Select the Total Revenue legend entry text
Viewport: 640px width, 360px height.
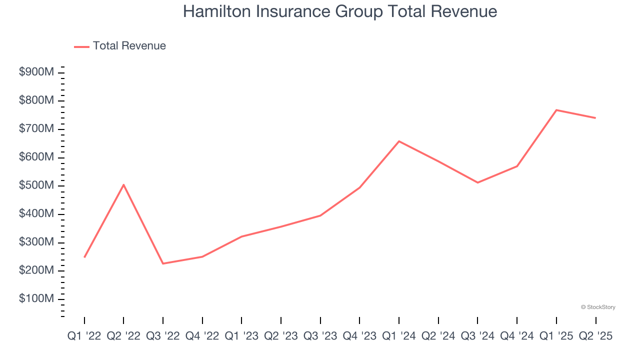tap(129, 46)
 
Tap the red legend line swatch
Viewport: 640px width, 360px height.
tap(81, 46)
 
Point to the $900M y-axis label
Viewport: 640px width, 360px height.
tap(36, 72)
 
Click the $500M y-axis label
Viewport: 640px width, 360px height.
tap(36, 185)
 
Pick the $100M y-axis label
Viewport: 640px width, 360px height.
tap(36, 299)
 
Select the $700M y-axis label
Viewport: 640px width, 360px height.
tap(36, 129)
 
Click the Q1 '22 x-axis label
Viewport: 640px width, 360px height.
tap(84, 336)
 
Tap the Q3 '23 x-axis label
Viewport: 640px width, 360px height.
tap(320, 336)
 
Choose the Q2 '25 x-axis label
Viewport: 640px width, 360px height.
tap(595, 336)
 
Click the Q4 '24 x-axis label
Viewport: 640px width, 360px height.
tap(517, 336)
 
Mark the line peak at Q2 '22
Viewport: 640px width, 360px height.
tap(123, 185)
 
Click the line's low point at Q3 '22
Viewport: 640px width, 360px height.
tap(163, 263)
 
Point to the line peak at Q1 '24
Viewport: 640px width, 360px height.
tap(399, 141)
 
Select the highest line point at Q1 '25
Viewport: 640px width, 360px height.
tap(556, 110)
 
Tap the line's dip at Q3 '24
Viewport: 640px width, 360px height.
tap(477, 182)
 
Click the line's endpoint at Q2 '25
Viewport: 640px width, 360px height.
tap(595, 118)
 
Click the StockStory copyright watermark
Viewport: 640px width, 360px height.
tap(598, 307)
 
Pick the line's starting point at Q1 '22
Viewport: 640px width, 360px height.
tap(84, 257)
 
